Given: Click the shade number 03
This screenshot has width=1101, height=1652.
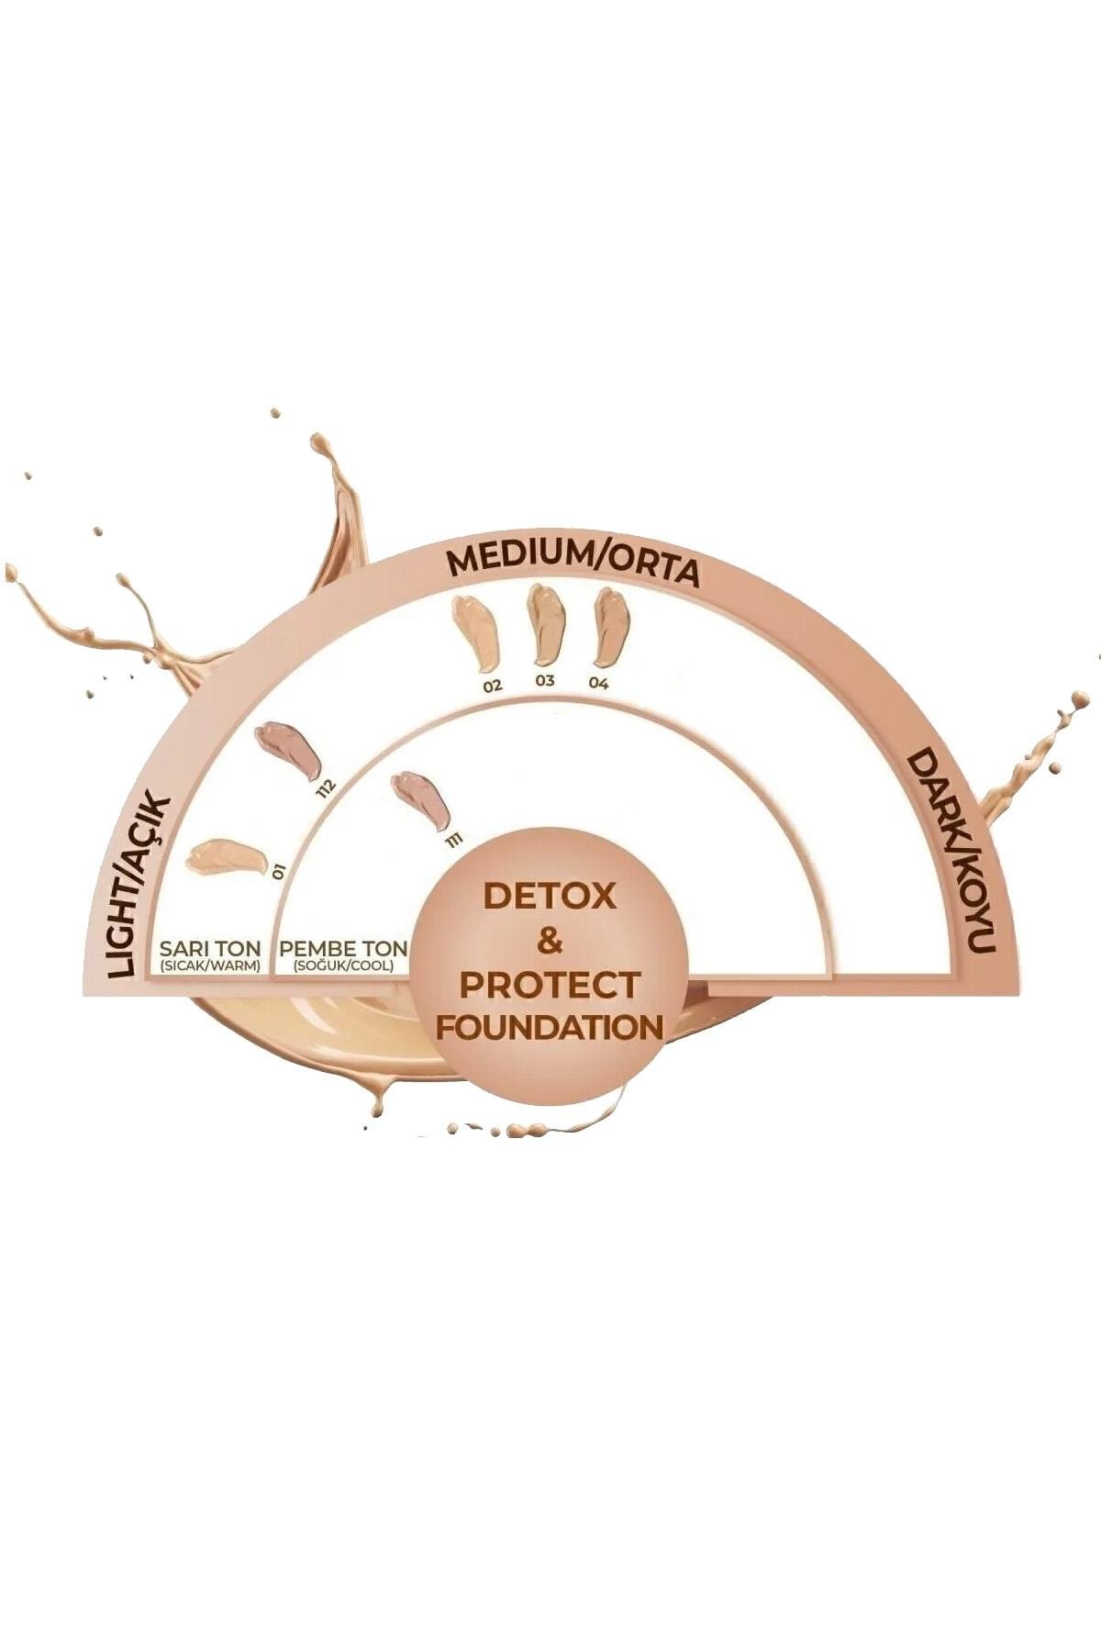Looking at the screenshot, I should [546, 682].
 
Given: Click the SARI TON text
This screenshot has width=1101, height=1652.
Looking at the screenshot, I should [210, 948].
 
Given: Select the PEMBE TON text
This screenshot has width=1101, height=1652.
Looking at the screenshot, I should [342, 948].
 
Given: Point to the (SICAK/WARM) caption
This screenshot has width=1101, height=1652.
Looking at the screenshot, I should [210, 966].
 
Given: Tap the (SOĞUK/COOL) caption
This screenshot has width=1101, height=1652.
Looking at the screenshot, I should [342, 966].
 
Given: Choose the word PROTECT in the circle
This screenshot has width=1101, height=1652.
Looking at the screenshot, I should [550, 985].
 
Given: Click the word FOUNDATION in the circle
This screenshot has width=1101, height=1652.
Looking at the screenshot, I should [550, 1026].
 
